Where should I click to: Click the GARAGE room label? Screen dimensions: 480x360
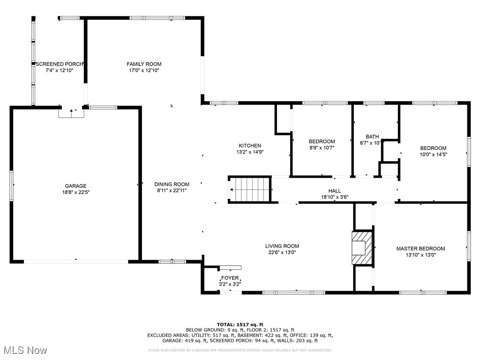coord(75,186)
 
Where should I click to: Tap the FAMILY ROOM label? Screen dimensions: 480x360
coord(144,64)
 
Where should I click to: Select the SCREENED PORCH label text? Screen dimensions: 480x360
coord(60,64)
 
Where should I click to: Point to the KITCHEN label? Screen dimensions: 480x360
coord(250,146)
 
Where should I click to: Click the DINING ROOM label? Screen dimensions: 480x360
coord(172,184)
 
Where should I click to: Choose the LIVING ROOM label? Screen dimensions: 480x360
coord(282,246)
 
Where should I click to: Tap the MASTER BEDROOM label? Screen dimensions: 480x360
coord(420,248)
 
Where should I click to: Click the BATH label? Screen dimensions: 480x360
coord(372,136)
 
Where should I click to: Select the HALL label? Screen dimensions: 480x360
coord(335,191)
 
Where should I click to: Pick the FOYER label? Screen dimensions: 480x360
coord(230,278)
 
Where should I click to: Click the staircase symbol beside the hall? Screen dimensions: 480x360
coord(250,189)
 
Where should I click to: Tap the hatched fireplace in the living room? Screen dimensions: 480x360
coord(362,247)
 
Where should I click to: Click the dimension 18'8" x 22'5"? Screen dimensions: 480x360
coord(75,192)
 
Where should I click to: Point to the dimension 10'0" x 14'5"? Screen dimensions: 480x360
coord(433,155)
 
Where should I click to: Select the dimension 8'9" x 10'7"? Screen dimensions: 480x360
coord(322,148)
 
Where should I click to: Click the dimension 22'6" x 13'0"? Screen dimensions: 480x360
coord(282,253)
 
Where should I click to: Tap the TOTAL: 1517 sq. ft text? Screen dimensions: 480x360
coord(240,324)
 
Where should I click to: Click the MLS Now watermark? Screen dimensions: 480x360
coord(25,350)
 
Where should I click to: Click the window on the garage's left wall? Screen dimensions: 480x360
coord(11,186)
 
